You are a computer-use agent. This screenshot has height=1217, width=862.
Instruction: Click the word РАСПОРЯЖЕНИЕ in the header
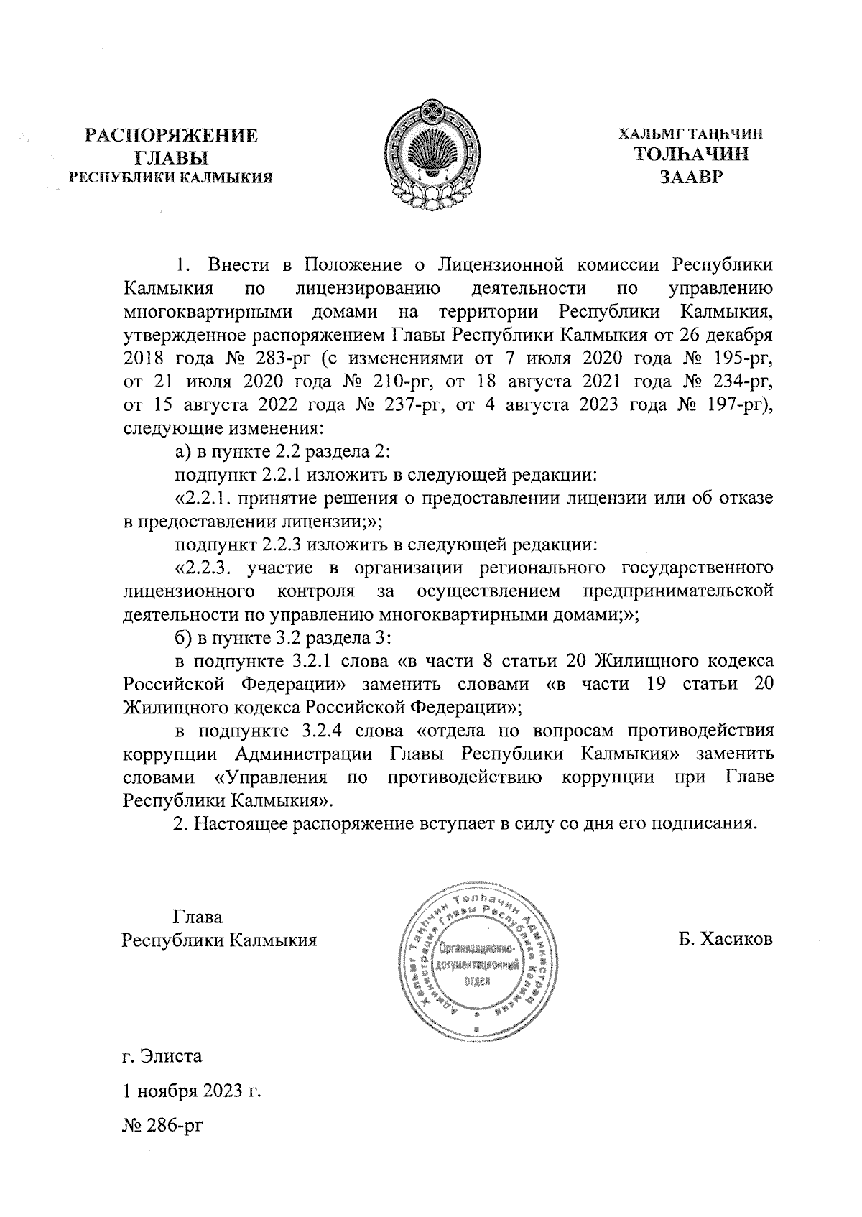pyautogui.click(x=171, y=136)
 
